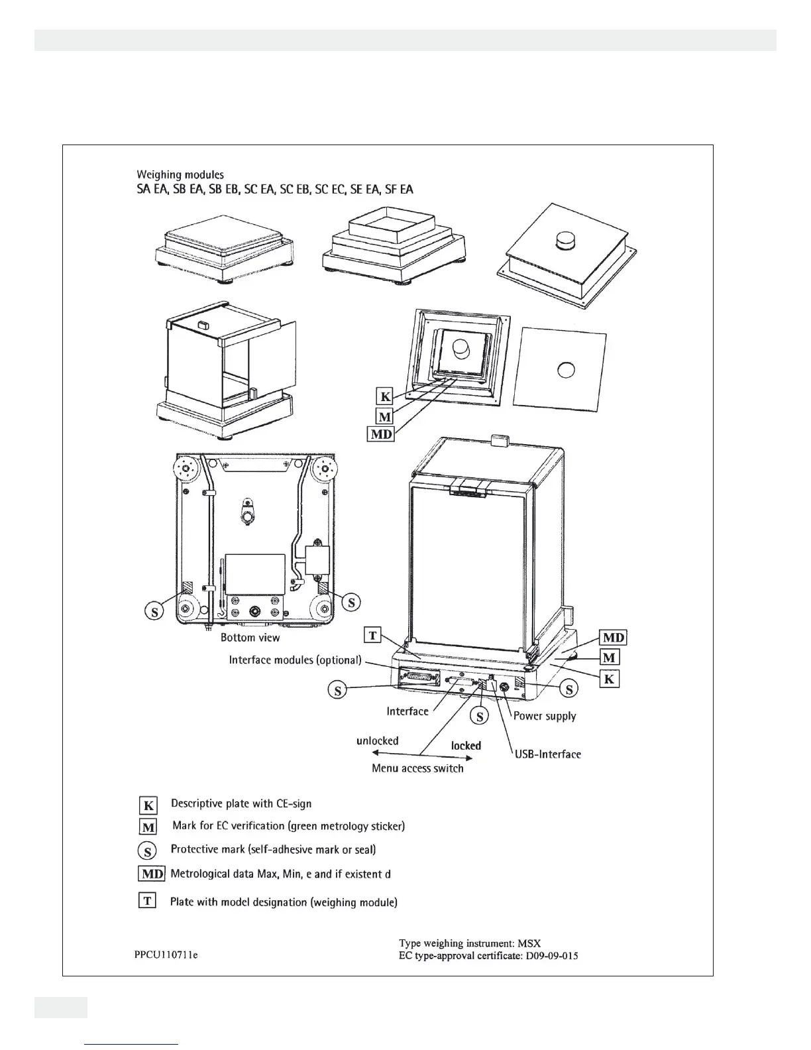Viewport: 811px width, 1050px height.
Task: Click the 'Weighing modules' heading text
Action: tap(180, 175)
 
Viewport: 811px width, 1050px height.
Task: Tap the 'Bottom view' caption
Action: tap(250, 638)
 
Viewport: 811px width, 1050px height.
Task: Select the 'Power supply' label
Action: tap(545, 716)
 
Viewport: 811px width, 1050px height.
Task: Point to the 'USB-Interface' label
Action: tap(547, 754)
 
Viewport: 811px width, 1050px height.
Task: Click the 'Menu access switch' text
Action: tap(417, 768)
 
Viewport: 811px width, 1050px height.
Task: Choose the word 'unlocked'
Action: tap(378, 740)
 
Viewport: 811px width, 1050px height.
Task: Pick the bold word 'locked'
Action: tap(466, 746)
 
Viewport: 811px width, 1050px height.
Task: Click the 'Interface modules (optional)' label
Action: tap(296, 660)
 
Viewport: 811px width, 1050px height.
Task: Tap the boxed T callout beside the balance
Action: tap(373, 636)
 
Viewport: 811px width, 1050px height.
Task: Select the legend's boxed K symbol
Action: tap(148, 805)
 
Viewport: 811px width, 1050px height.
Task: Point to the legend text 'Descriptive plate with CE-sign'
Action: tap(241, 803)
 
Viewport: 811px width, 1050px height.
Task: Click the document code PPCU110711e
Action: tap(166, 955)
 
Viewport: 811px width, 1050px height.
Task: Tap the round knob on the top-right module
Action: tap(567, 240)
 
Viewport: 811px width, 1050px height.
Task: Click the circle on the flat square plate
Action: tap(566, 369)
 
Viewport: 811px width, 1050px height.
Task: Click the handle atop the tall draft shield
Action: tap(499, 440)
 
